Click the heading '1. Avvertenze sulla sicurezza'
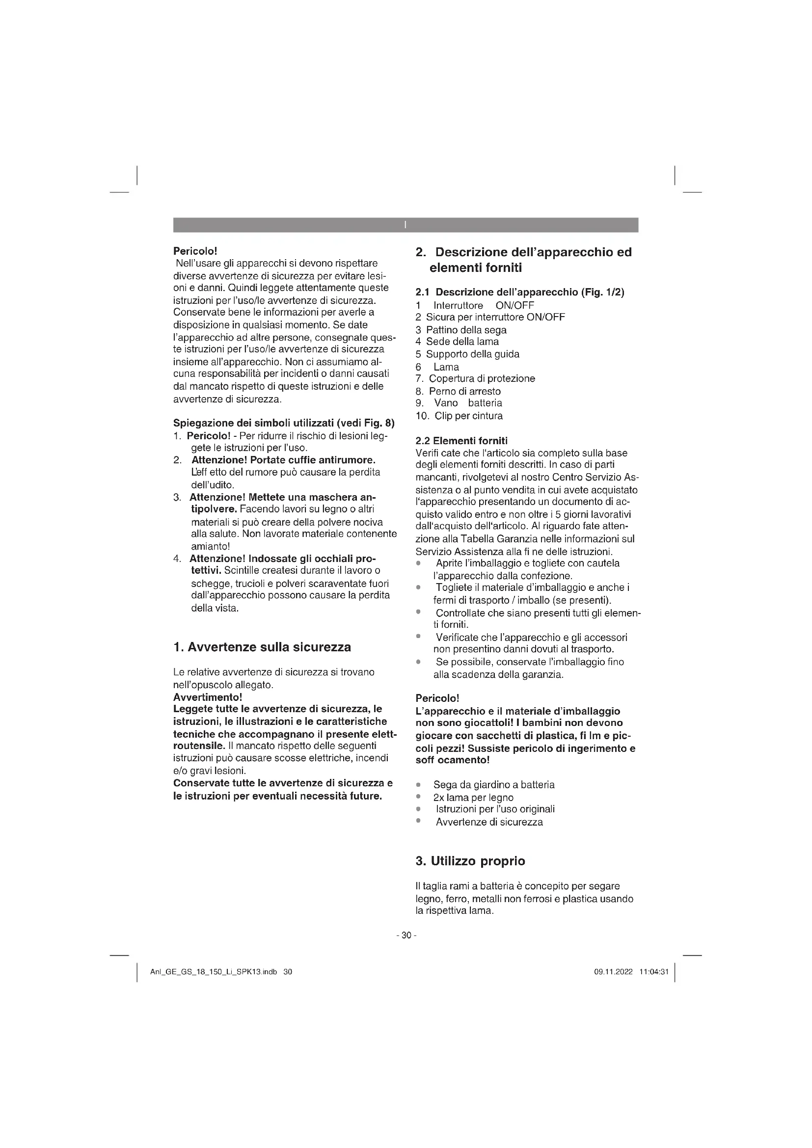tap(262, 647)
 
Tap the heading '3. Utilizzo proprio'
tap(470, 861)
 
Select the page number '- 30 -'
tap(406, 935)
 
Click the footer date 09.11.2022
tap(613, 972)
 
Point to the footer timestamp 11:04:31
tap(653, 972)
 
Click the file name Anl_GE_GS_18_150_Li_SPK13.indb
tap(214, 972)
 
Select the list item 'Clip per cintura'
tap(468, 416)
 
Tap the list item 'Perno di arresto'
tap(464, 391)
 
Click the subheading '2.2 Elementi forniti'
tap(461, 440)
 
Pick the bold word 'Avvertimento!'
tap(208, 697)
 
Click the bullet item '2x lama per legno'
tap(473, 798)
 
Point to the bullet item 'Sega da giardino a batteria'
tap(493, 785)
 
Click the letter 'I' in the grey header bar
tap(406, 225)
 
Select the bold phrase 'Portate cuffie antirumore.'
tap(313, 460)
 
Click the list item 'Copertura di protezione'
tap(482, 378)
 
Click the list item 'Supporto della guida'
tap(472, 354)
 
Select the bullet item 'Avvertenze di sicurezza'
tap(489, 822)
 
